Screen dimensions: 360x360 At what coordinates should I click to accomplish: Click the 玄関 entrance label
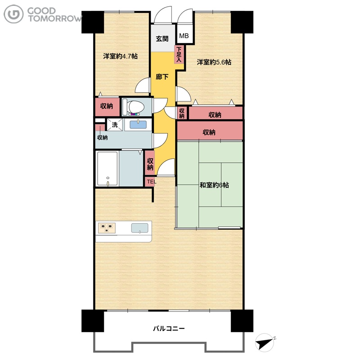point(162,39)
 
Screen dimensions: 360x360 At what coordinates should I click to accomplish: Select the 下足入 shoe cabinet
point(179,54)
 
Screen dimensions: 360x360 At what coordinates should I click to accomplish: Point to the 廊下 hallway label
point(162,76)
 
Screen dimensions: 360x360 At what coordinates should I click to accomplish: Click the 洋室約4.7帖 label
point(120,56)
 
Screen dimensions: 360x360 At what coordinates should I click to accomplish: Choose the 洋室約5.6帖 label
point(214,62)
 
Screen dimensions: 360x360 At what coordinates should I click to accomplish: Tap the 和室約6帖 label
point(214,185)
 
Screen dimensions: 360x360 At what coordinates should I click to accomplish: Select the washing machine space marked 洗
point(115,125)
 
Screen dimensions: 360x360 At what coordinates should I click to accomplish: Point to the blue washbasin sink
point(138,125)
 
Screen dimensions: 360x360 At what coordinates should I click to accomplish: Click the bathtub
point(107,168)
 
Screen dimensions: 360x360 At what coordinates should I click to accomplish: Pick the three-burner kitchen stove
point(107,228)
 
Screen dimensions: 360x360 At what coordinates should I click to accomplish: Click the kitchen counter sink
point(139,228)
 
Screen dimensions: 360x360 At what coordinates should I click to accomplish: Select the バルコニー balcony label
point(169,328)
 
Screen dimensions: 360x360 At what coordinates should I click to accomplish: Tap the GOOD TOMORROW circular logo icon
point(13,14)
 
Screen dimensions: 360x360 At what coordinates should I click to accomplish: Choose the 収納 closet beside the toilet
point(107,107)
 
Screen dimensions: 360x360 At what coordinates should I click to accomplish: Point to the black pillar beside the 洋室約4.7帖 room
point(93,22)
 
